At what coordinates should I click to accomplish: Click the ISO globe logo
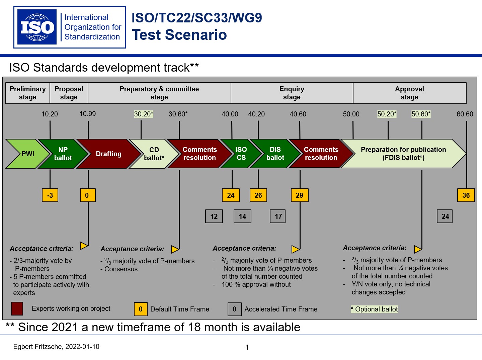(x=37, y=27)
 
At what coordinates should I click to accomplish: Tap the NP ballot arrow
(x=62, y=154)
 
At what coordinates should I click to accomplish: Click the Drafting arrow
(x=108, y=154)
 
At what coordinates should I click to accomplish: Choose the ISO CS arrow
(x=240, y=154)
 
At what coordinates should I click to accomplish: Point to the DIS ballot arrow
(x=275, y=154)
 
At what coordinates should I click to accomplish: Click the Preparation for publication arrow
(x=403, y=154)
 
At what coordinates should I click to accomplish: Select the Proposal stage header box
(x=69, y=93)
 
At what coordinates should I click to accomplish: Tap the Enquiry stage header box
(x=292, y=93)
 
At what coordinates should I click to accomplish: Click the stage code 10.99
(x=88, y=114)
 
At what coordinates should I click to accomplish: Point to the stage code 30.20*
(x=144, y=114)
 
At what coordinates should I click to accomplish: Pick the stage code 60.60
(x=465, y=114)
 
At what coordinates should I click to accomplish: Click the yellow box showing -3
(x=50, y=195)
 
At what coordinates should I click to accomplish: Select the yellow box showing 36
(x=466, y=195)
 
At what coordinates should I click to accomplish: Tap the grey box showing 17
(x=278, y=216)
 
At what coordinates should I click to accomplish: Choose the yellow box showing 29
(x=300, y=195)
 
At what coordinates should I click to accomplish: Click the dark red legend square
(x=17, y=308)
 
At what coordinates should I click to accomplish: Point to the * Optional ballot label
(x=374, y=309)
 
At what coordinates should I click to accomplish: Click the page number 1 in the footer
(x=247, y=348)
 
